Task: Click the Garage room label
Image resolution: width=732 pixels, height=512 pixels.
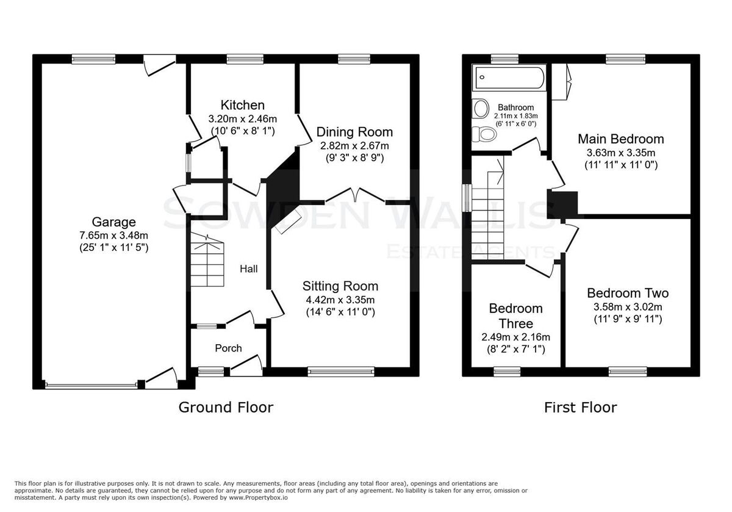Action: pyautogui.click(x=113, y=222)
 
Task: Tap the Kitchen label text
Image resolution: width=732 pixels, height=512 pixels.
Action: pyautogui.click(x=243, y=106)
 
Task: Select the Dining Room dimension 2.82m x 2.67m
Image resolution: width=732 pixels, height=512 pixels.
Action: pyautogui.click(x=354, y=145)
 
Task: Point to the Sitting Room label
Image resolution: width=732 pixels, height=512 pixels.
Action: pyautogui.click(x=340, y=286)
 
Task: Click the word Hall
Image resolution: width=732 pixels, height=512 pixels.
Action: pyautogui.click(x=249, y=269)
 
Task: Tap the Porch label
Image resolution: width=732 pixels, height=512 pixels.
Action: pyautogui.click(x=228, y=348)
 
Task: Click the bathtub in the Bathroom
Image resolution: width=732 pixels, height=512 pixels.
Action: pyautogui.click(x=509, y=78)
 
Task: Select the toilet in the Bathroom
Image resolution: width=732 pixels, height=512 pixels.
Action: pyautogui.click(x=484, y=134)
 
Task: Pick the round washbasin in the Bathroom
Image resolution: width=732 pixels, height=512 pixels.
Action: pyautogui.click(x=481, y=108)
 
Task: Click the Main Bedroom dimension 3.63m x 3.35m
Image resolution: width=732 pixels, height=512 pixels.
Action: pyautogui.click(x=621, y=153)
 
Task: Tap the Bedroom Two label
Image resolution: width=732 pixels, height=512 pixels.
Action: pyautogui.click(x=628, y=293)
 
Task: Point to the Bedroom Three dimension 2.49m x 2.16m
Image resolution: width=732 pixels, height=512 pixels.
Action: pyautogui.click(x=515, y=337)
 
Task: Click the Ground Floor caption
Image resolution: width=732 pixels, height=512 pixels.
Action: pyautogui.click(x=226, y=408)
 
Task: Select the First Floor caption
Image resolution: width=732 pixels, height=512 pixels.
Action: pyautogui.click(x=581, y=408)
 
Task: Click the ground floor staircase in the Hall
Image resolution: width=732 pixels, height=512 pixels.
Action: pyautogui.click(x=207, y=259)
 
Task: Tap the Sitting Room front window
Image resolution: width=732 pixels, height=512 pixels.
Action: pyautogui.click(x=341, y=372)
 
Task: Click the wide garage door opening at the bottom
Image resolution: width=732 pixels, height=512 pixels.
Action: pyautogui.click(x=91, y=386)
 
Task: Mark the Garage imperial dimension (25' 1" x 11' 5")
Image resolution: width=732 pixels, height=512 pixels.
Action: pyautogui.click(x=113, y=248)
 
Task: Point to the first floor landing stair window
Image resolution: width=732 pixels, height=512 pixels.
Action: pyautogui.click(x=468, y=198)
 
